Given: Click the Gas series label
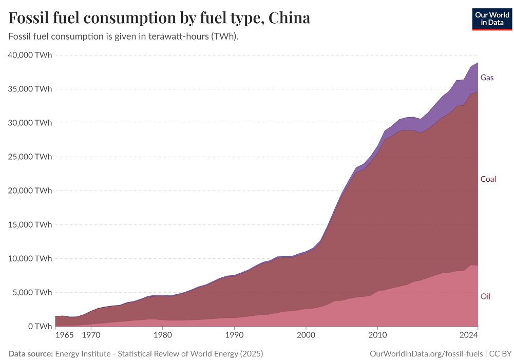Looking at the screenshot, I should [487, 78].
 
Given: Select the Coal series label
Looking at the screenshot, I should [488, 179].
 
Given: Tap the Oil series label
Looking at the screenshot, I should [485, 296].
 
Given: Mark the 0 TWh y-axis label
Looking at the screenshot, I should [39, 326].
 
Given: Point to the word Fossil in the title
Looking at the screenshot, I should [31, 18].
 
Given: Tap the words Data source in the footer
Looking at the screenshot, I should [31, 354].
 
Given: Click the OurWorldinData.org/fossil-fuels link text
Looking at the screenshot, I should [426, 354].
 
